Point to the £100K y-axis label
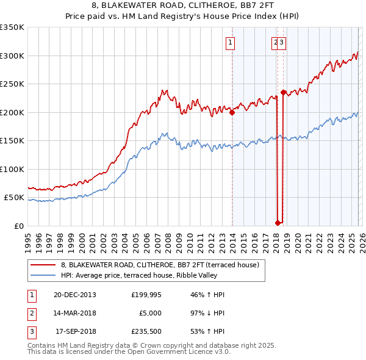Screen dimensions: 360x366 [12, 170]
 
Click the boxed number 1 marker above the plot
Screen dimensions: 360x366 [231, 42]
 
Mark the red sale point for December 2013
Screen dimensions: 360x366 [232, 112]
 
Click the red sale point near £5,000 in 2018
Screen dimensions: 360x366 [278, 223]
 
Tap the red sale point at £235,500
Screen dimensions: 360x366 [283, 92]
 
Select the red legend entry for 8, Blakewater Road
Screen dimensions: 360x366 [160, 265]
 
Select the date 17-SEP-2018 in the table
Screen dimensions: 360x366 [76, 331]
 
